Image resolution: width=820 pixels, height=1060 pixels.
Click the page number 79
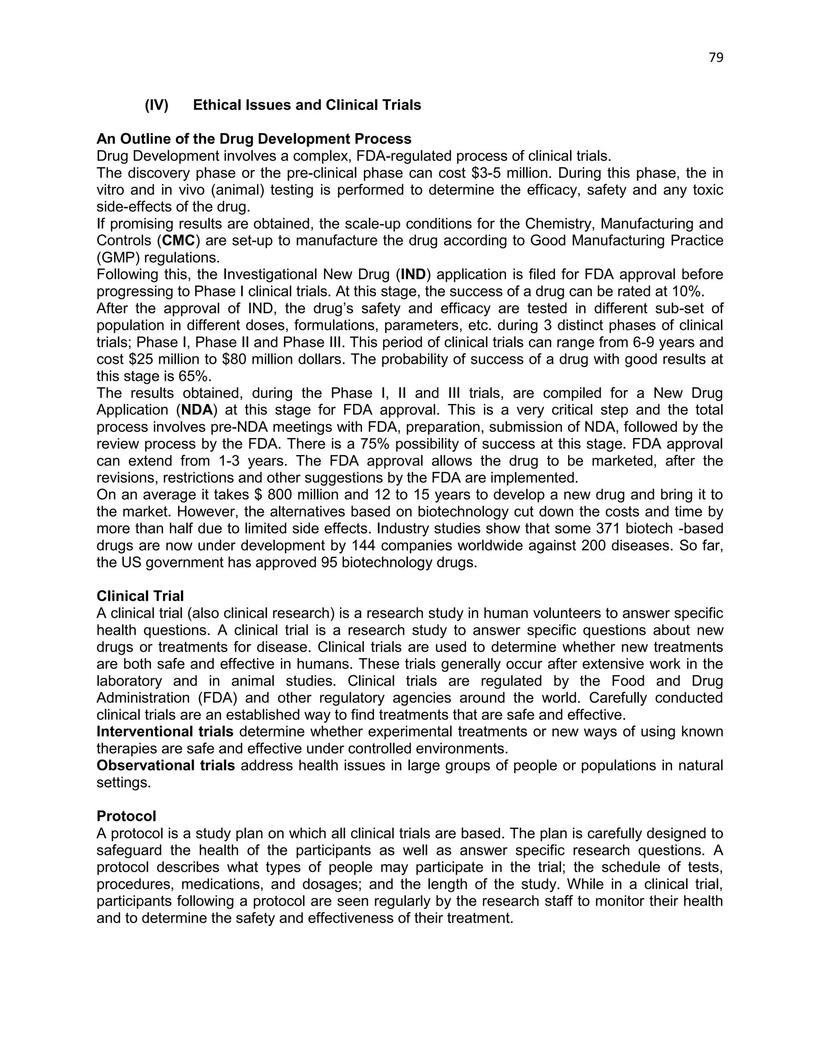(715, 58)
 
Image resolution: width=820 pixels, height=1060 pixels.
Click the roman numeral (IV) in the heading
(157, 105)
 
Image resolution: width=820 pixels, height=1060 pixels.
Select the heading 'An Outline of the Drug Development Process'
(253, 139)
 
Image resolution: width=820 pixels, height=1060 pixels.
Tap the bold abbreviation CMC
(178, 241)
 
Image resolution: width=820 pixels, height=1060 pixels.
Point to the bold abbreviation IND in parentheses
(413, 275)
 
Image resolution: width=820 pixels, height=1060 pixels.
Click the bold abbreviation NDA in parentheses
(197, 410)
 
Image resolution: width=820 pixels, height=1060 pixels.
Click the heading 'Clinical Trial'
(140, 596)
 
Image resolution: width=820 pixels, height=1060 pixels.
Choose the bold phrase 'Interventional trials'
(165, 732)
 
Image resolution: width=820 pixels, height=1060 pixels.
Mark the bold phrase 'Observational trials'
(166, 766)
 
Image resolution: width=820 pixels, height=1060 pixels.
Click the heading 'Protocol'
(126, 816)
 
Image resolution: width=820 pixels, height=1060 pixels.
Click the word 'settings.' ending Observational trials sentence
(123, 783)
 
